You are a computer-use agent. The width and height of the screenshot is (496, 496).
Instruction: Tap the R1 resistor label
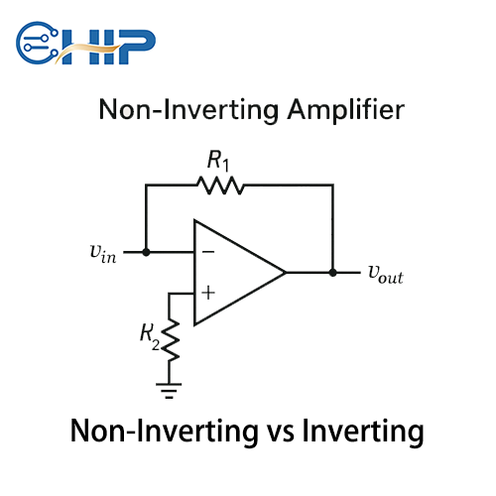[x=218, y=160]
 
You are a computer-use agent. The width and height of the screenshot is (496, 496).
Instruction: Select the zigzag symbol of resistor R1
[x=219, y=185]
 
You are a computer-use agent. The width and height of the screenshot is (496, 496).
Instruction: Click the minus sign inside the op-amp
[x=208, y=251]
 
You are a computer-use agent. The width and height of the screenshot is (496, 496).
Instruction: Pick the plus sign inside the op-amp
[x=208, y=294]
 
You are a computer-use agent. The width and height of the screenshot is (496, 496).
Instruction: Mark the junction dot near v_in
[x=146, y=252]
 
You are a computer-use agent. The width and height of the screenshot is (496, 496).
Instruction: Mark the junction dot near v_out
[x=332, y=272]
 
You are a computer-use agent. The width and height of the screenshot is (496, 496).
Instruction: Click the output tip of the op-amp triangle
[x=286, y=272]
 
